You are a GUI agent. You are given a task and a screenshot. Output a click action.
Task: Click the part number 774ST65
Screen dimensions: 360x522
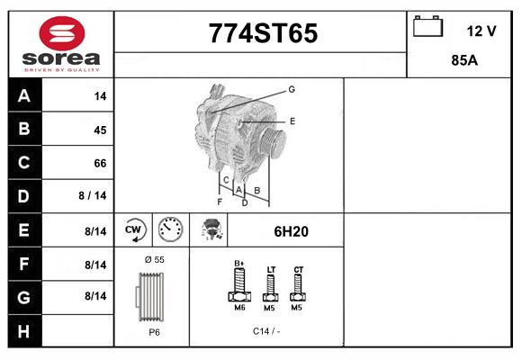(x=263, y=33)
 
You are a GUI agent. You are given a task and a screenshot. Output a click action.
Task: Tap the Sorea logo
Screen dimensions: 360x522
(x=61, y=44)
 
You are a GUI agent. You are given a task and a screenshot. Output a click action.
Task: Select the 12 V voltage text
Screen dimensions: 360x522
(x=481, y=31)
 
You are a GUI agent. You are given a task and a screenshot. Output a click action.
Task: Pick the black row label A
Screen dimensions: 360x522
(x=24, y=96)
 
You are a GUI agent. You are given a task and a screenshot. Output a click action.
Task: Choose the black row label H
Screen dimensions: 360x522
(x=24, y=331)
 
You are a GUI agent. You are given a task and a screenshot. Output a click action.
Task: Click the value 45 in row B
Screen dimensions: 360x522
(x=99, y=130)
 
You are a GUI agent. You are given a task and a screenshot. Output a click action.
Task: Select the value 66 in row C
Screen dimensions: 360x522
(x=99, y=164)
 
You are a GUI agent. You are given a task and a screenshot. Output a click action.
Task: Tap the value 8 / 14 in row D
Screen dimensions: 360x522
(x=93, y=194)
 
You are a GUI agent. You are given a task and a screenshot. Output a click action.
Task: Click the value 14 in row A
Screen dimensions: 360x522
(x=99, y=96)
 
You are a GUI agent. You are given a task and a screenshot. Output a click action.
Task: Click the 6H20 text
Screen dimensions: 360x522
(x=291, y=231)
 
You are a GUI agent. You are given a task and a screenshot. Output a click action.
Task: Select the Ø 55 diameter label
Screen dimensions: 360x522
(x=154, y=259)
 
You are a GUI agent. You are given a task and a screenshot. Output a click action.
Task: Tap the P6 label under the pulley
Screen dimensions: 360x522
(x=154, y=331)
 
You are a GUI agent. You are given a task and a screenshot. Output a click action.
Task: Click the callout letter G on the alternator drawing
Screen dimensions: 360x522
(x=292, y=89)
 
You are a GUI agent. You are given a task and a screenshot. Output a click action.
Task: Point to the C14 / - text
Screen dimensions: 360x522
(x=266, y=331)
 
